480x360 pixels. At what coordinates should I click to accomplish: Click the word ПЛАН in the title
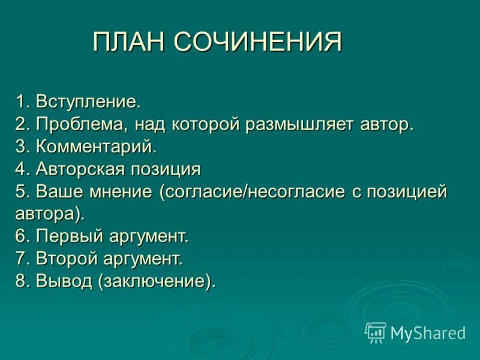point(128,43)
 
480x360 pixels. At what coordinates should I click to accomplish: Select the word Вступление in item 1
point(88,101)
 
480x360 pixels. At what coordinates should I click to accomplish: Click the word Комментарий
point(96,146)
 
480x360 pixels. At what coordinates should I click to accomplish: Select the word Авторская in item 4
point(77,169)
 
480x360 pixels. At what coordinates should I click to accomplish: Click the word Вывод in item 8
point(62,281)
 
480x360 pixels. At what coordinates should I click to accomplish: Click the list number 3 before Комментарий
point(21,146)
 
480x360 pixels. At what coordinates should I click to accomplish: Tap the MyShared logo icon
point(376,332)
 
